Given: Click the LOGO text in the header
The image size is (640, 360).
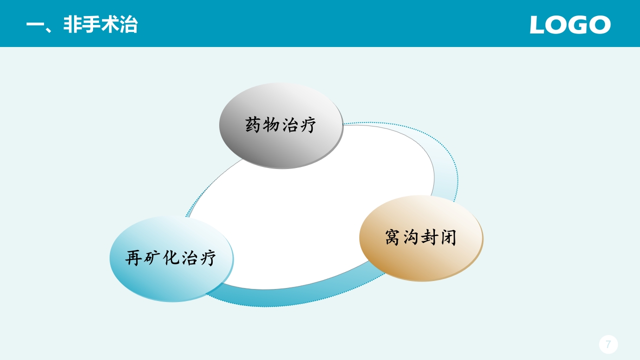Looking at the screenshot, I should coord(570,24).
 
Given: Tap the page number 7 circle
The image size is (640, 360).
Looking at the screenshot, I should coord(608,344).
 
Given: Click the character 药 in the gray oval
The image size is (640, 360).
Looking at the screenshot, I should coord(254,125).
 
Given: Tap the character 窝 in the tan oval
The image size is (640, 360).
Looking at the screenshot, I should coord(393,237).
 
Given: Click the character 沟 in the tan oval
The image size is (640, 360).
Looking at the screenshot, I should coord(411,237).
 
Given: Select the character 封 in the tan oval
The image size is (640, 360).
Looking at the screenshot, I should coord(430,237).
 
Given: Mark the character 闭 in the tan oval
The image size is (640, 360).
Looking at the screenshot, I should coord(448,237).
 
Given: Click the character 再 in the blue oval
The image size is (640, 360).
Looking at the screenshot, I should coord(134,258).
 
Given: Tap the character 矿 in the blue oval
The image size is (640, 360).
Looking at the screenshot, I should coord(153,258).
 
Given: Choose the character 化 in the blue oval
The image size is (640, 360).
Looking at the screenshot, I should coord(171,258).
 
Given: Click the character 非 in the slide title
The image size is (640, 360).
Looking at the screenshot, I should coord(73,25).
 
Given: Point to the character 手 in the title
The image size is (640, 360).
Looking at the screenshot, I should coord(91,25).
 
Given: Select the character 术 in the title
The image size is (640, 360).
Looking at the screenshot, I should coord(110,25).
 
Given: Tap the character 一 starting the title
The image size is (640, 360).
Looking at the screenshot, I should coord(35,25).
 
